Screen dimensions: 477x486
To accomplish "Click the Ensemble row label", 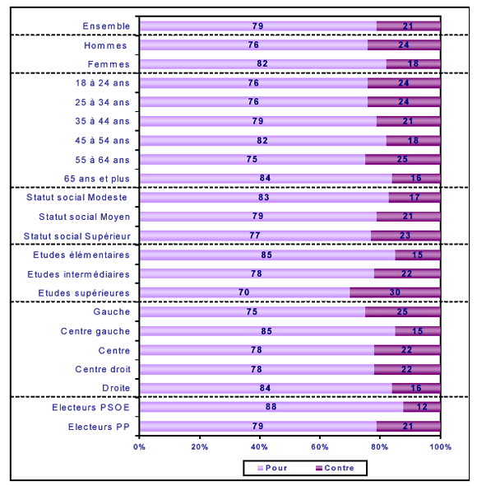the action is pos(106,26).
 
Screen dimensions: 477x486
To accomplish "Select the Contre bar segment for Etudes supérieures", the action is pos(395,292).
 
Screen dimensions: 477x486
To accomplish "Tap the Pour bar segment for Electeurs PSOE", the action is pos(271,407).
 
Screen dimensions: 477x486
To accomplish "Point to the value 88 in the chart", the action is pos(271,407).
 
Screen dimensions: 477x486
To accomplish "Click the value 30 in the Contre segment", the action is pos(395,292).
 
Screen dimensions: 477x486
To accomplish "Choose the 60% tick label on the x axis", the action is pos(319,447).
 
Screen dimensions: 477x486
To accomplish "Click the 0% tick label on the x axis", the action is pos(139,447).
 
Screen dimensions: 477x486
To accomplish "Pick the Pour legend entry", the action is pos(272,468).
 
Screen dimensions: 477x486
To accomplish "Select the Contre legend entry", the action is pos(335,468).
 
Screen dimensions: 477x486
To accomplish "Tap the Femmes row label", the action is pos(109,64).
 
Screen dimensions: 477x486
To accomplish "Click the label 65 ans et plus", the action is pos(96,179).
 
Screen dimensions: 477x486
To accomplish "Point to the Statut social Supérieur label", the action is pos(77,236).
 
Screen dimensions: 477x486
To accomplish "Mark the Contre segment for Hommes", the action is pos(404,45).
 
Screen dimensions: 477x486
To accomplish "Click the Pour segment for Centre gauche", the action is pos(267,331).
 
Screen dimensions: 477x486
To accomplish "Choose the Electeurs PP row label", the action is pos(99,427).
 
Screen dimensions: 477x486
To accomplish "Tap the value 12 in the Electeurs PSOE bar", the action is pos(422,407).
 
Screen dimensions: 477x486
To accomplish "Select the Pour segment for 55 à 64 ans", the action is pos(252,159).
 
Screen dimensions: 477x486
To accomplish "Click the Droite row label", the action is pos(116,388).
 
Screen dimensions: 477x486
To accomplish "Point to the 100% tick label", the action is pos(441,447).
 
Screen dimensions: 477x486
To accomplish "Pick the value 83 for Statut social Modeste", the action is pos(264,198).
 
